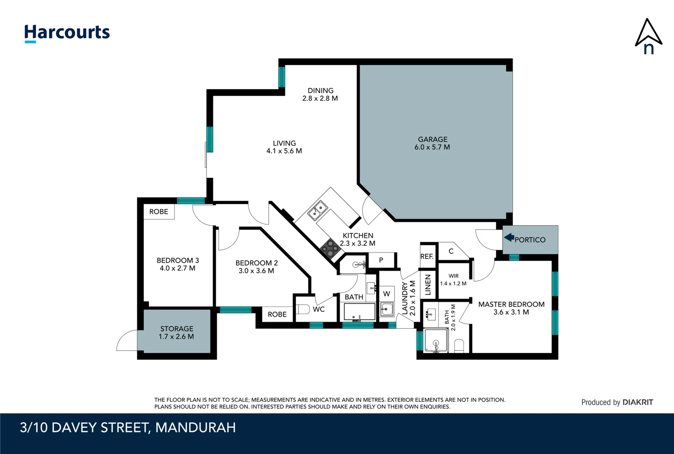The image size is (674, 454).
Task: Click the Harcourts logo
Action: (x=67, y=33)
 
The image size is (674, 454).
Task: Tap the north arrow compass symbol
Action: (x=648, y=37)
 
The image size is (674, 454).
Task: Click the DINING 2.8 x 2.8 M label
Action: (x=320, y=94)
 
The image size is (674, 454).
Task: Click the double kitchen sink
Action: (x=318, y=210)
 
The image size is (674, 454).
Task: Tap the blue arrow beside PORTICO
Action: (x=509, y=238)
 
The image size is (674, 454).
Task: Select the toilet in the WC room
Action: (x=303, y=309)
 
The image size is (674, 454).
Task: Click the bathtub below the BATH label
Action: (x=359, y=312)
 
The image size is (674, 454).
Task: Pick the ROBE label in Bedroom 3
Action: (x=159, y=211)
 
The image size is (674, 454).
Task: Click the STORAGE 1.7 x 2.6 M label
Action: (x=177, y=333)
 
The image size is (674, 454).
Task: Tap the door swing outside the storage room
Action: (x=127, y=340)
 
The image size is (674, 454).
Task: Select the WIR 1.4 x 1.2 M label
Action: (x=453, y=280)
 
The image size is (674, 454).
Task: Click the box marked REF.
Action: (x=427, y=256)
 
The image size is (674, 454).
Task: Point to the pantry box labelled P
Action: (x=381, y=260)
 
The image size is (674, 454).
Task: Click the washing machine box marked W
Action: (x=386, y=293)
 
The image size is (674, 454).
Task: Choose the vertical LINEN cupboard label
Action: (x=428, y=285)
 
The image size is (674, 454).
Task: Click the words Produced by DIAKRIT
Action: (x=617, y=402)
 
